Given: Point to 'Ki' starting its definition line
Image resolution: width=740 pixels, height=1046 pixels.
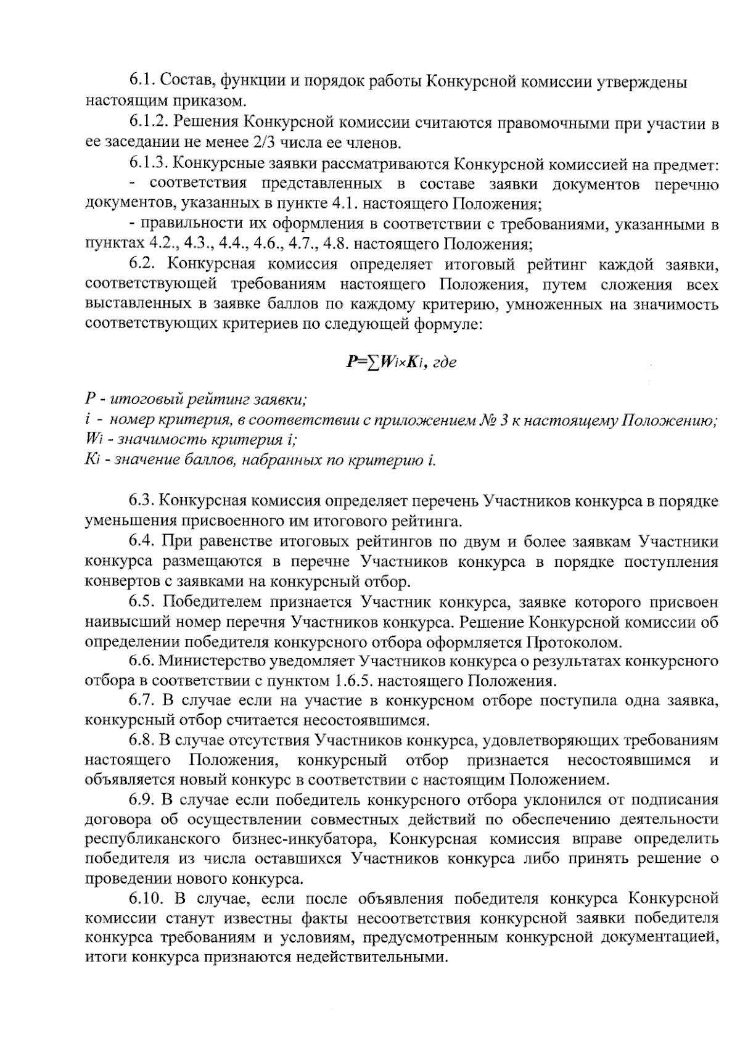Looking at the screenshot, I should point(90,460).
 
